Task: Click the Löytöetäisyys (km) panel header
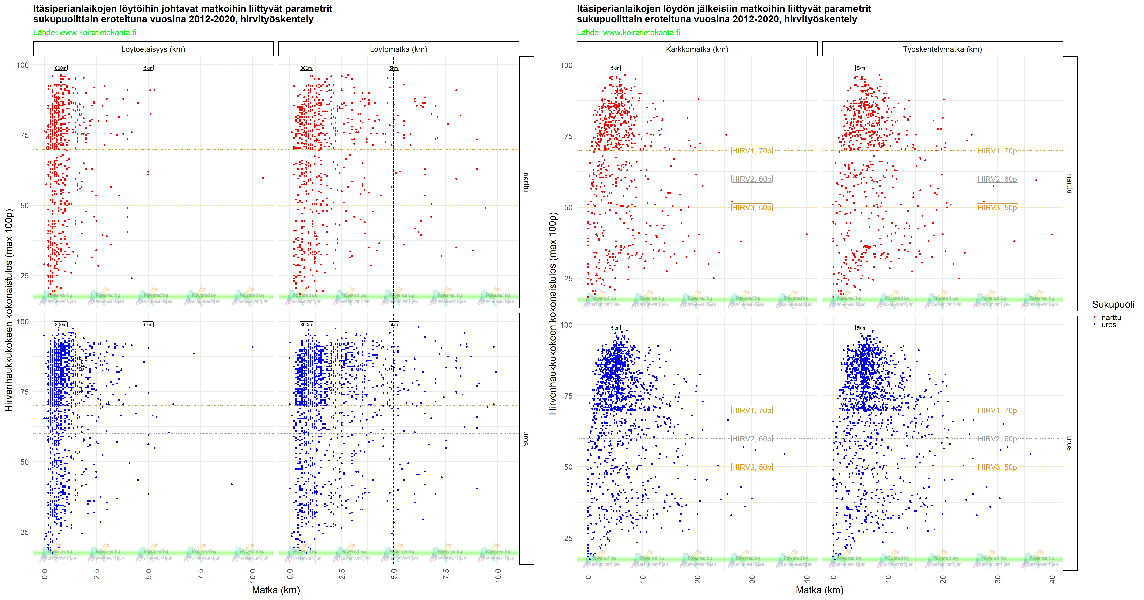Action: (x=153, y=49)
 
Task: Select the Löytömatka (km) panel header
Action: (x=398, y=49)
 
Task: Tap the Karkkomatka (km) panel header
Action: (x=697, y=49)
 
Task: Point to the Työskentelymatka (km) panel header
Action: (x=942, y=49)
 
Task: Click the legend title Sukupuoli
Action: (x=1112, y=304)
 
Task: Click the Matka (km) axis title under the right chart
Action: (x=819, y=590)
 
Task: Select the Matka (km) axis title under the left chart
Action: (x=276, y=590)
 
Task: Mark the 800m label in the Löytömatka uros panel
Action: (x=306, y=324)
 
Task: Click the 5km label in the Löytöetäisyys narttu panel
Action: (x=148, y=68)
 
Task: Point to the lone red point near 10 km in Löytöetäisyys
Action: (x=263, y=178)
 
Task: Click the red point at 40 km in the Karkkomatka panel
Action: (x=806, y=234)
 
